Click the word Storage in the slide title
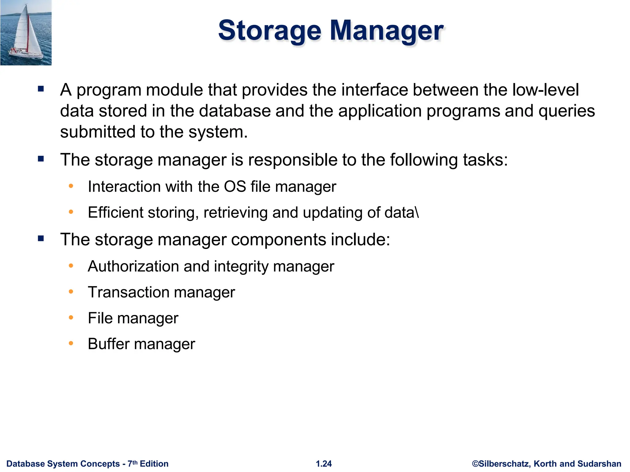point(269,31)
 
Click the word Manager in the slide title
point(386,31)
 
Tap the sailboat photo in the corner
point(26,33)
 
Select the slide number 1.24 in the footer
point(324,464)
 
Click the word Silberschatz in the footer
point(504,464)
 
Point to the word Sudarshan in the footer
point(599,464)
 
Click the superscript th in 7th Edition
point(135,462)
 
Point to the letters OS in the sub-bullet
point(235,187)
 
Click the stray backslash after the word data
point(417,212)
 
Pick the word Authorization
point(133,266)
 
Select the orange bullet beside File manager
point(71,317)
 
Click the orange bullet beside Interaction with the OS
point(71,186)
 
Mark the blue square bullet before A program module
point(41,89)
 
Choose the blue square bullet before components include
point(41,239)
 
